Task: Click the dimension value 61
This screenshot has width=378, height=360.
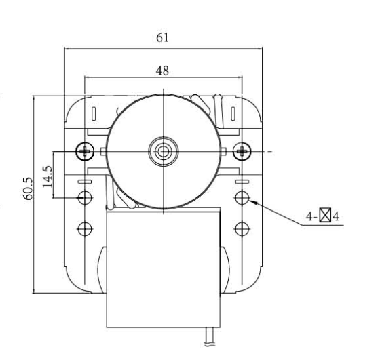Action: [x=162, y=37]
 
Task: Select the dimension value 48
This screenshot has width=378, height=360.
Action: [x=162, y=71]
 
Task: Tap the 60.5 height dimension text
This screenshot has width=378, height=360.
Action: [x=28, y=188]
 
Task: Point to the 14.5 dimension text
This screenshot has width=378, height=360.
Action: [x=48, y=176]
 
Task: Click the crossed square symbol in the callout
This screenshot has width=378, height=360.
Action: [x=325, y=215]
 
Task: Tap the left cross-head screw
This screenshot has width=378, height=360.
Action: [x=85, y=151]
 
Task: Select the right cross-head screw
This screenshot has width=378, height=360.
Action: [x=242, y=151]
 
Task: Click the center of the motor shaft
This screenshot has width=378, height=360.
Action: [x=164, y=151]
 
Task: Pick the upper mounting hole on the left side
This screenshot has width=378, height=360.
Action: [x=85, y=198]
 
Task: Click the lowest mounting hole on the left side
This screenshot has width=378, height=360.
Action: [x=85, y=229]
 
